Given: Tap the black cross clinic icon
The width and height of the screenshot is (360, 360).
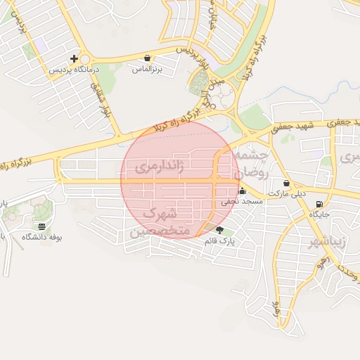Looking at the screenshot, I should tap(74, 58).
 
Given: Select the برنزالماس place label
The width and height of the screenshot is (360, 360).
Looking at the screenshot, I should tap(147, 70).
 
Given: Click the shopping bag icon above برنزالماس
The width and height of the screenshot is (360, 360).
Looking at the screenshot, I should tap(147, 58).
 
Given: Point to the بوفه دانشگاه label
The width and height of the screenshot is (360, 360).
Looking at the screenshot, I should tap(42, 238).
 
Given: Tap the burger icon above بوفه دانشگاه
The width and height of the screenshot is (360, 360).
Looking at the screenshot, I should tap(42, 226).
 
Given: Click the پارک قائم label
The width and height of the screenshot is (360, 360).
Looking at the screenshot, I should tap(219, 241).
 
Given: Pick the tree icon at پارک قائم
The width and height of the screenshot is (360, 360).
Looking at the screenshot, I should tap(219, 230).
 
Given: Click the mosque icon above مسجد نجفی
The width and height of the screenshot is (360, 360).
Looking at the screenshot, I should tap(242, 191).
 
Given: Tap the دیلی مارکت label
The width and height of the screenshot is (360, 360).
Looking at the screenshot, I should tap(286, 195).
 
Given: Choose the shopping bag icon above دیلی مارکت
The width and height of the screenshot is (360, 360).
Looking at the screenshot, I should tap(286, 184).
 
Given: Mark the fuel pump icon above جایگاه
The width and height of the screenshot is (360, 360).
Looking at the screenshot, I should tap(321, 204).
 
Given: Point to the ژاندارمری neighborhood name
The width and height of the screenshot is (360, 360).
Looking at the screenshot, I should tap(159, 167).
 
